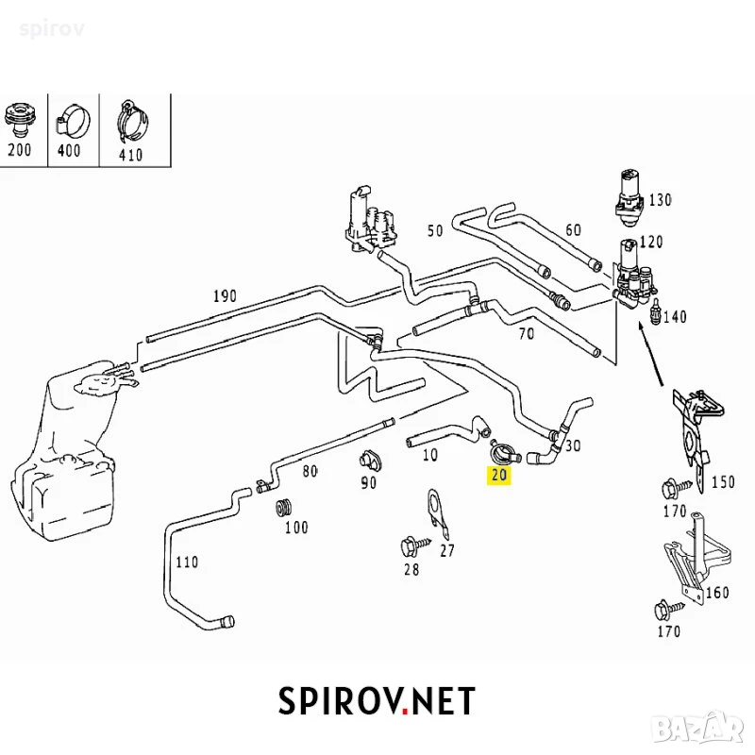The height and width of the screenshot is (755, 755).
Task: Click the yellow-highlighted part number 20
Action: coord(498,475)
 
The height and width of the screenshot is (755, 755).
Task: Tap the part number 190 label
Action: coord(225,295)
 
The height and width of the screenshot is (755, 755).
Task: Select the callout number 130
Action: coord(660,199)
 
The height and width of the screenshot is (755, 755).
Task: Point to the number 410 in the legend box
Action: coord(130,155)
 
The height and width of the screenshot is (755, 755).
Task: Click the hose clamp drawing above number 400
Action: coord(74,120)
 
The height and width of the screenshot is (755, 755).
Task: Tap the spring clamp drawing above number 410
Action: coord(131,122)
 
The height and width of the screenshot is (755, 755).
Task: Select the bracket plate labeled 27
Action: coord(438,513)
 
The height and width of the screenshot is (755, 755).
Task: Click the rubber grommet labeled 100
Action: coord(284,508)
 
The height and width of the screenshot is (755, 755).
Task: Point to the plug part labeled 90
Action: coord(370,461)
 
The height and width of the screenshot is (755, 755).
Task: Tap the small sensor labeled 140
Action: coord(655,311)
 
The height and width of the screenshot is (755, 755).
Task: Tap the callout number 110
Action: coord(186,562)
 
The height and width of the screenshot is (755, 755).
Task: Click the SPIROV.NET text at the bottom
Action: coord(377,701)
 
